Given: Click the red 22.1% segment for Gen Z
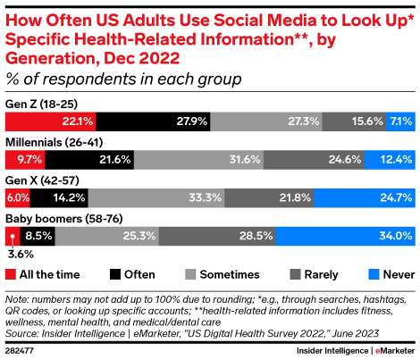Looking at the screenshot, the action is tap(50, 121).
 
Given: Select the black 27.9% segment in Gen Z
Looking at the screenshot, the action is tap(153, 121).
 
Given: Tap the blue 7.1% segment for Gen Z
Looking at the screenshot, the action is tap(400, 121).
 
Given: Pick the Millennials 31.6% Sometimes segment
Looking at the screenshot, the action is tap(198, 160).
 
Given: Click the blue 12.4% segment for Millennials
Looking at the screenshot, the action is tap(390, 160).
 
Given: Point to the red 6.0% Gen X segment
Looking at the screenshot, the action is tap(18, 197).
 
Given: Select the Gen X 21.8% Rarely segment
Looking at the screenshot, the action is tap(269, 197).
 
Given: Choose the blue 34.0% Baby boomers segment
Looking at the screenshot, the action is tap(346, 236).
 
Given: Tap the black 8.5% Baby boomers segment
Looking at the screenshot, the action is tap(38, 236).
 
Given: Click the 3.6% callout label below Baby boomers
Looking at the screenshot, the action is tap(21, 255).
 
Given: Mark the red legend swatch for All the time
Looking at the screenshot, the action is tap(11, 274).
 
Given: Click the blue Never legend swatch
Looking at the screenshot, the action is tap(374, 274).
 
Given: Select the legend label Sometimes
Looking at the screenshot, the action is tap(230, 274).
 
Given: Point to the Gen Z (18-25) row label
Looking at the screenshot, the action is tap(41, 105).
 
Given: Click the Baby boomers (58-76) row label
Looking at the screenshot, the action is tap(64, 219).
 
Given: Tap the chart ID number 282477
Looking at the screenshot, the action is tap(20, 351).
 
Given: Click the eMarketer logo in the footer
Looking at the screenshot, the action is tap(395, 351).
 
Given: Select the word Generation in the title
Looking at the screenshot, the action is tap(50, 58).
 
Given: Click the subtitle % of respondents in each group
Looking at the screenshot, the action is tap(123, 80).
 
